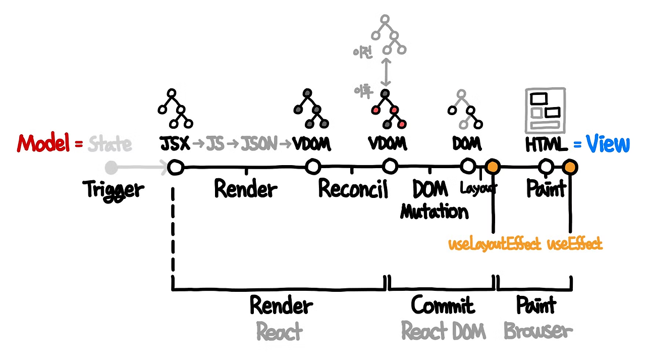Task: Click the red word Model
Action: click(x=43, y=143)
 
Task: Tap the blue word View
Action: click(x=608, y=143)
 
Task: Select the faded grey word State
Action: click(x=110, y=144)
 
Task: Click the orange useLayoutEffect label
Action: click(x=494, y=244)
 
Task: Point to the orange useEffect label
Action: click(x=574, y=244)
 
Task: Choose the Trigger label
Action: click(x=114, y=190)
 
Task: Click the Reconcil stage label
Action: click(x=353, y=189)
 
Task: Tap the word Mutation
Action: click(x=434, y=211)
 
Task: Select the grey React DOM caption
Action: click(x=443, y=331)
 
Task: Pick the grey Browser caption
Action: click(x=538, y=331)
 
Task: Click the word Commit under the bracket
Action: click(x=443, y=305)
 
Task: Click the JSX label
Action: click(x=175, y=144)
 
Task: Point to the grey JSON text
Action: click(x=259, y=144)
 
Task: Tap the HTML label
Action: click(x=546, y=144)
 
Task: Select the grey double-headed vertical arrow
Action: click(x=386, y=72)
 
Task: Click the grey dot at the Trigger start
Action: click(x=111, y=167)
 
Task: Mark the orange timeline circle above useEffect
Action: click(x=570, y=167)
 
